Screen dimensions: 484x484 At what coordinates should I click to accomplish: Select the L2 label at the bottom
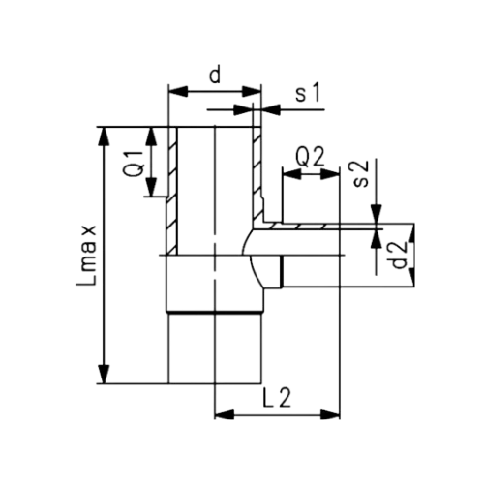pyautogui.click(x=277, y=397)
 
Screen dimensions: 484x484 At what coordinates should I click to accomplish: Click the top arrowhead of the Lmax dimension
pyautogui.click(x=106, y=132)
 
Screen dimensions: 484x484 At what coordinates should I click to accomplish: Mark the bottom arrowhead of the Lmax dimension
pyautogui.click(x=106, y=377)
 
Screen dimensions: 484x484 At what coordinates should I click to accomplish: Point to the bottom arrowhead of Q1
pyautogui.click(x=154, y=191)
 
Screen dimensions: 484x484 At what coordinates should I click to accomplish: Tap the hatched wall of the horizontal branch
pyautogui.click(x=310, y=228)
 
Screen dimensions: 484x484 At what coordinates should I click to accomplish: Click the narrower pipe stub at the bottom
pyautogui.click(x=214, y=348)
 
